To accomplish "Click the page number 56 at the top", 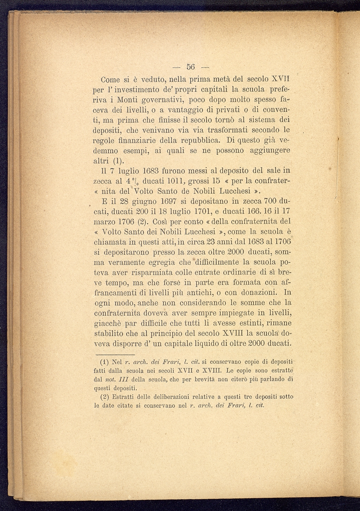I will click(191, 67).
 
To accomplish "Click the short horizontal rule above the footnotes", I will click(115, 355).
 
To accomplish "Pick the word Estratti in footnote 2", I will click(123, 397).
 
